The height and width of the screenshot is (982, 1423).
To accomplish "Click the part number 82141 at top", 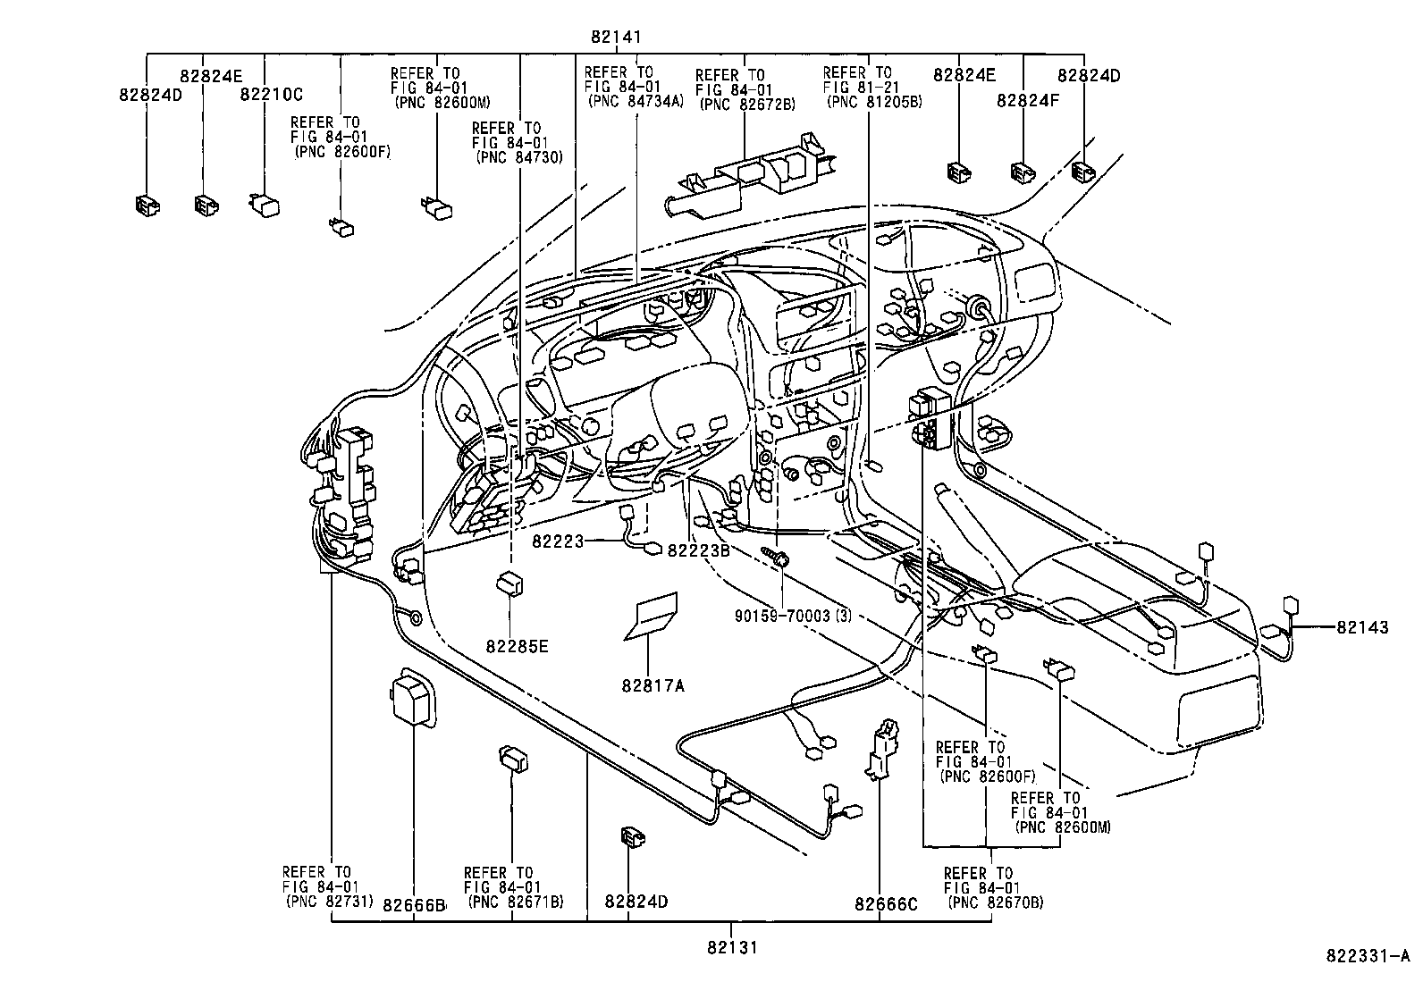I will click(x=616, y=38).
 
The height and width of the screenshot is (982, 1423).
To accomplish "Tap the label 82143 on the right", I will click(x=1362, y=628).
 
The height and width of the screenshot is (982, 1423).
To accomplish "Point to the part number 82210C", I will click(x=271, y=94).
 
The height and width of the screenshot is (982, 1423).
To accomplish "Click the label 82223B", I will click(x=698, y=550).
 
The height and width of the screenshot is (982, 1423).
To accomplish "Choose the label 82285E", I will click(x=517, y=645).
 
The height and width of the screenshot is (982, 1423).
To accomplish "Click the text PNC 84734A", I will click(x=636, y=101).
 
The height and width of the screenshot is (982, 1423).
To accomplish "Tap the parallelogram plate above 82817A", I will click(x=653, y=617).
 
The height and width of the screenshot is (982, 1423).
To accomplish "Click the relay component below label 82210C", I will click(x=265, y=204).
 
